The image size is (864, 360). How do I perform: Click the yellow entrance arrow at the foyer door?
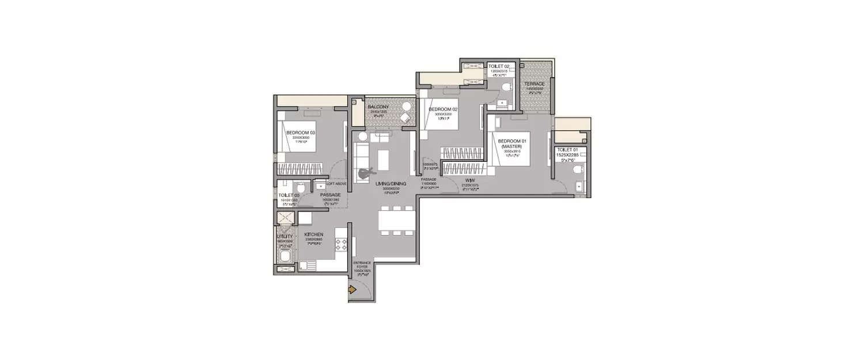click(351, 291)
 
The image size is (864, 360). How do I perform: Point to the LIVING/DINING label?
click(391, 184)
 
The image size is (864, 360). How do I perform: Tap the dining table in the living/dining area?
click(396, 221)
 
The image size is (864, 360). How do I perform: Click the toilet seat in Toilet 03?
click(300, 188)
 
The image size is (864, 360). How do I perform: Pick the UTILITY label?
click(285, 237)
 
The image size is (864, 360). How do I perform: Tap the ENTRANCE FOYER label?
click(362, 264)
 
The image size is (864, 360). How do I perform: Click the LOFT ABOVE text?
click(336, 184)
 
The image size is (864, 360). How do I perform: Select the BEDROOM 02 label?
click(443, 109)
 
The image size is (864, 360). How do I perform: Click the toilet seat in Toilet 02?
click(506, 89)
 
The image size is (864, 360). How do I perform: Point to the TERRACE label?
click(534, 84)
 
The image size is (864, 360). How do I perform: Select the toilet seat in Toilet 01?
click(579, 171)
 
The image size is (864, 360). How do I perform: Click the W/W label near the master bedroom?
click(470, 180)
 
